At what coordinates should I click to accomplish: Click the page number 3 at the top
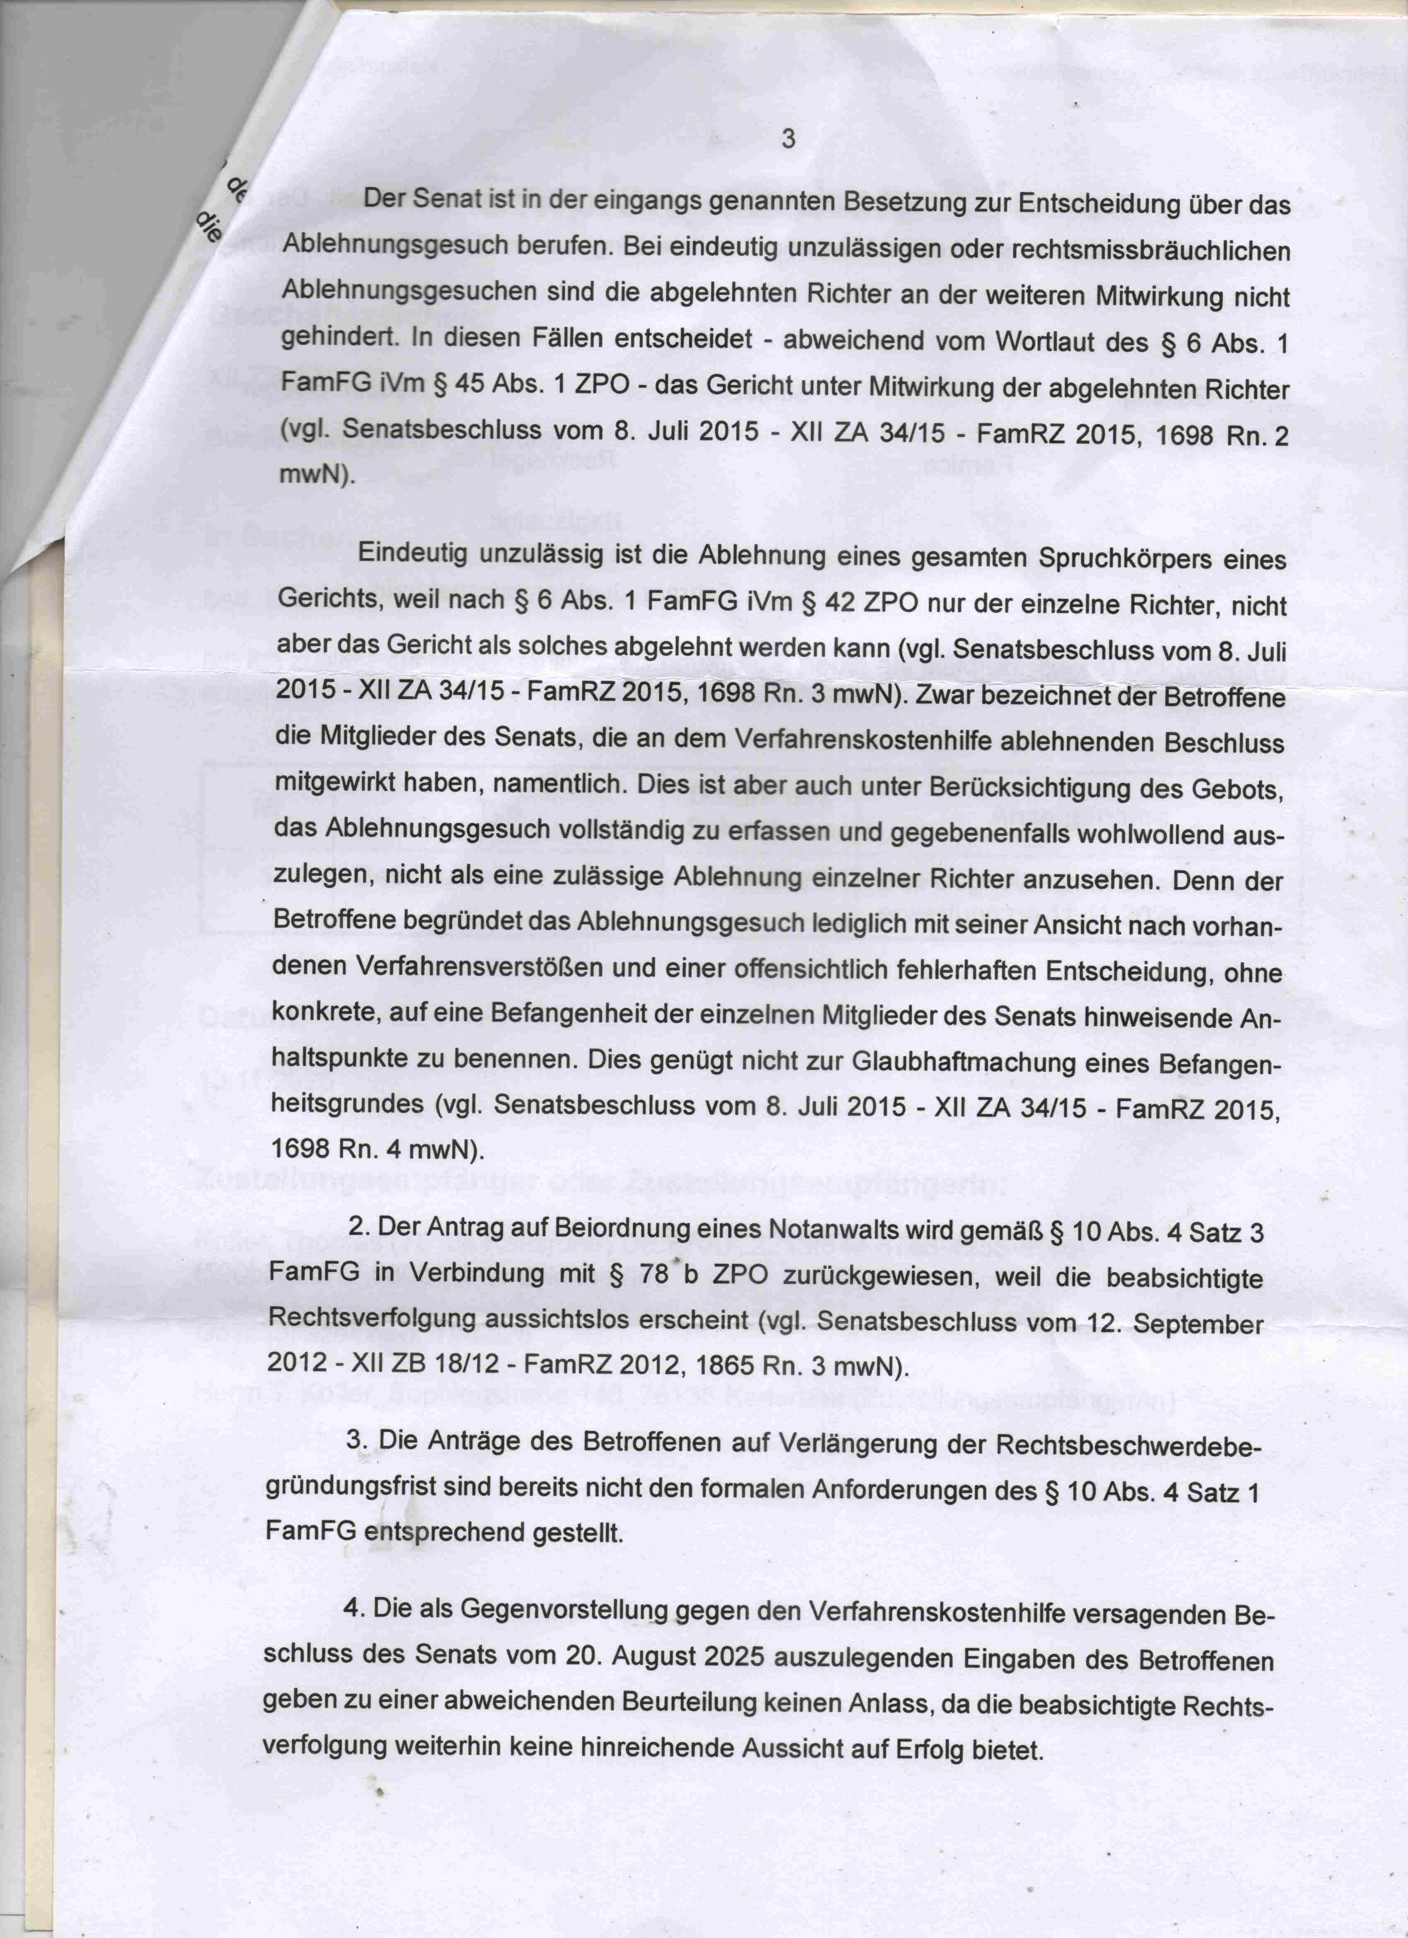(x=788, y=138)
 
